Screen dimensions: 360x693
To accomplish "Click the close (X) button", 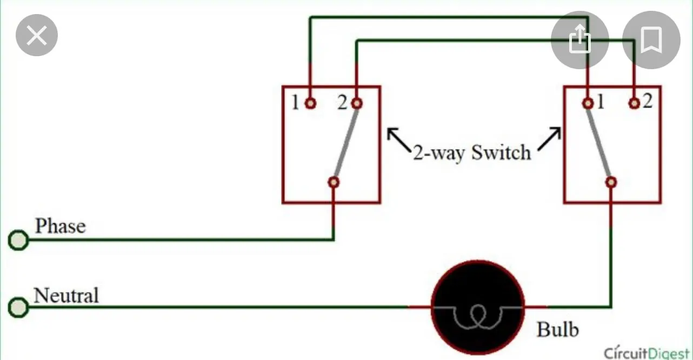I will pos(37,36).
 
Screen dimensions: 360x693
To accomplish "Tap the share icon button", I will pos(579,39).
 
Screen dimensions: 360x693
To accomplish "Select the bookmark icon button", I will pos(651,39).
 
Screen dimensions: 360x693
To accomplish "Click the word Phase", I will pos(60,226).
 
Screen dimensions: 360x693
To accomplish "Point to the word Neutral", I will pos(66,296).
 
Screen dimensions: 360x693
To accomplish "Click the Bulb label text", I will pos(557,329).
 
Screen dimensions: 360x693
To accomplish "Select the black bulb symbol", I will pos(478,308).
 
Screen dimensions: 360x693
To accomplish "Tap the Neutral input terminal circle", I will pos(19,308).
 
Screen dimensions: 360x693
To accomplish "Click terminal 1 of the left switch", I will pos(310,103).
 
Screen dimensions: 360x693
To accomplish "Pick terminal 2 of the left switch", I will pos(356,103).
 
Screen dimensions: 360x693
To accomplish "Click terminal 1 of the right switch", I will pos(588,103).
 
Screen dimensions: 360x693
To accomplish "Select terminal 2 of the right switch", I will pos(635,103).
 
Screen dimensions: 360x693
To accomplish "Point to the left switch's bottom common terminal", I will pos(334,182).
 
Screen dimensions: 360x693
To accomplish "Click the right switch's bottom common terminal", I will pos(611,182).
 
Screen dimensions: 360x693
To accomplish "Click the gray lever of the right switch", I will pos(599,142).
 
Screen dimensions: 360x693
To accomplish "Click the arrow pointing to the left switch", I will pos(398,139).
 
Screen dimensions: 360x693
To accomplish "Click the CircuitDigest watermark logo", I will pos(647,352).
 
